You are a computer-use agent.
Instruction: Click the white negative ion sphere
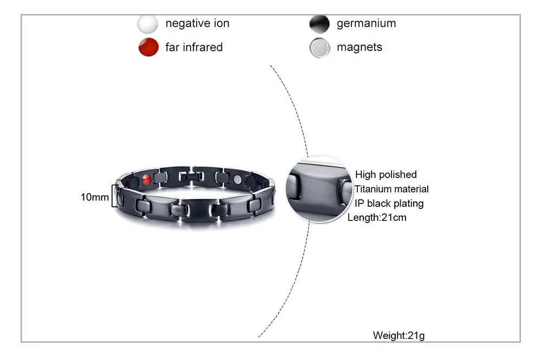(147, 24)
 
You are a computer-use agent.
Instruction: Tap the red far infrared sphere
(148, 48)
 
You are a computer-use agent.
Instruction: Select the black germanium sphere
(319, 24)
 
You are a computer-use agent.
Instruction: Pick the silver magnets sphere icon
(319, 48)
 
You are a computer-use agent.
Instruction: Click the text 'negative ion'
(197, 23)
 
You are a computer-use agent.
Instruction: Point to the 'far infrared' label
(194, 47)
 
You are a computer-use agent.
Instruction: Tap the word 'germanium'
(366, 23)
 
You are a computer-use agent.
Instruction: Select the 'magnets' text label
(359, 47)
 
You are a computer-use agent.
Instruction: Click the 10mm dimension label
(95, 197)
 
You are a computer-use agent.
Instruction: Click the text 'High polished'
(386, 174)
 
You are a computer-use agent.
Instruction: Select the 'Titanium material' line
(391, 189)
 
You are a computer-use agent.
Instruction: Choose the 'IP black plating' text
(389, 204)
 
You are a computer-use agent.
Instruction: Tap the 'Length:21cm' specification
(377, 218)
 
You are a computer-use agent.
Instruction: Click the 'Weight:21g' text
(399, 336)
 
